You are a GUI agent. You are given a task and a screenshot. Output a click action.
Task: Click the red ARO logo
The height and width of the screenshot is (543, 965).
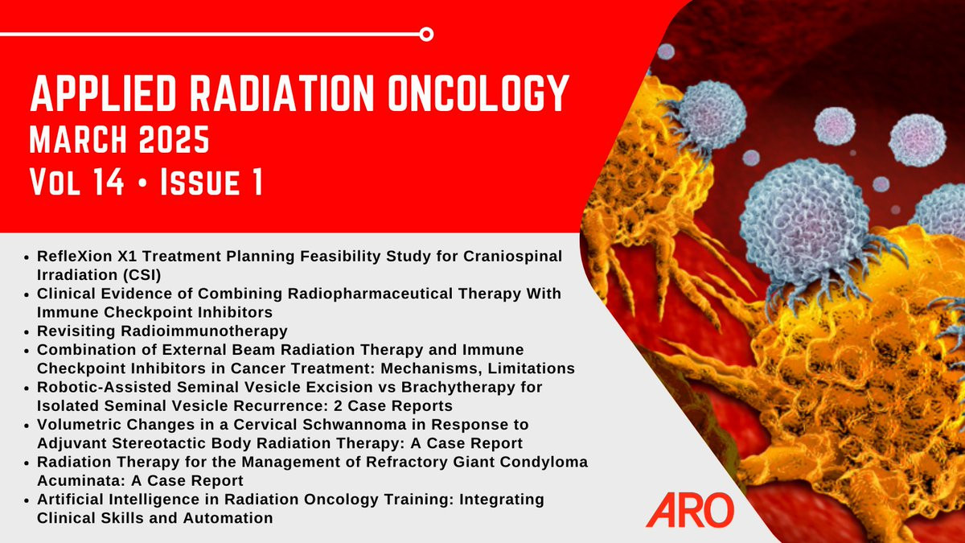tap(690, 510)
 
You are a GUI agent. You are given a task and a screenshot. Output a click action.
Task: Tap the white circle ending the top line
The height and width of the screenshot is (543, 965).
tap(426, 34)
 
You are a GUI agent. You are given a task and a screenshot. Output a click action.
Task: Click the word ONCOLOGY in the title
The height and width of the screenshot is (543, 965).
tap(478, 94)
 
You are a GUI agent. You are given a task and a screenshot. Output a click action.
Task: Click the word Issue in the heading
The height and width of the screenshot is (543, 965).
tap(200, 182)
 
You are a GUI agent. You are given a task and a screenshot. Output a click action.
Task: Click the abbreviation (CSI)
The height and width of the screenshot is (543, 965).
tap(140, 274)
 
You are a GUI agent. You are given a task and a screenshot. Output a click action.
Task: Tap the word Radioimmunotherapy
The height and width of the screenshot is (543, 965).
tap(204, 331)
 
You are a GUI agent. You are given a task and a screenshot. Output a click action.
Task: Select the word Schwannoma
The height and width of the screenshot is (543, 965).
tap(354, 425)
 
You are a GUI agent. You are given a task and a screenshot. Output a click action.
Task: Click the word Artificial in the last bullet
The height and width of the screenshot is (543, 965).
tap(70, 499)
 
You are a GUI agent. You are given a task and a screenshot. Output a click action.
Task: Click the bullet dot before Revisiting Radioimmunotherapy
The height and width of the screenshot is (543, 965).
tap(27, 331)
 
